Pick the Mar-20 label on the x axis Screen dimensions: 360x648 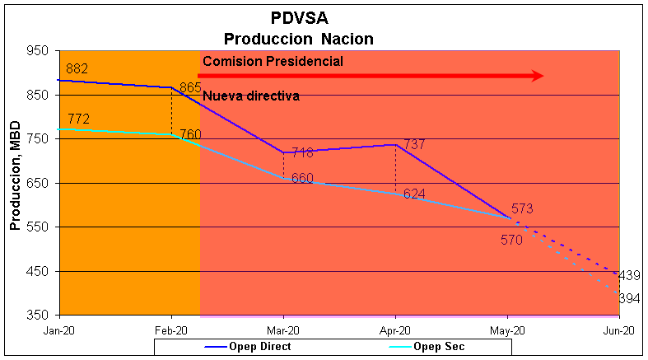click(x=283, y=330)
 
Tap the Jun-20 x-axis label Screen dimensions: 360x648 click(x=618, y=330)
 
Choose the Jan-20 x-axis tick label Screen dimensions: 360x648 click(x=60, y=330)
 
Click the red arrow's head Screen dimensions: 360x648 click(x=537, y=76)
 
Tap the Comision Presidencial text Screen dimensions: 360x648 click(x=273, y=61)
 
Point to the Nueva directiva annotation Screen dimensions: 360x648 click(x=250, y=96)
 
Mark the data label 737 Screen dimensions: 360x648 click(x=414, y=145)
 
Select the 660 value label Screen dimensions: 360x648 click(x=302, y=178)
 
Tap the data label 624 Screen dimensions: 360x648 click(x=414, y=194)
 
